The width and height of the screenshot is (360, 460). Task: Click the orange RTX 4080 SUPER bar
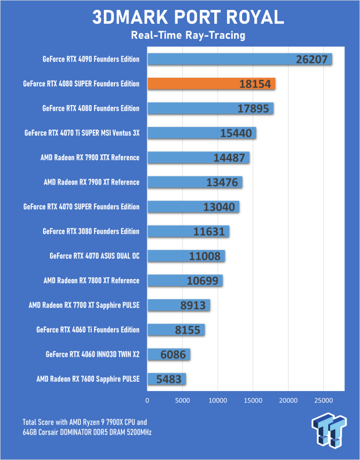point(211,84)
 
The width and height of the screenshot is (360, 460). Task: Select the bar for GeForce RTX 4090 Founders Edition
point(239,59)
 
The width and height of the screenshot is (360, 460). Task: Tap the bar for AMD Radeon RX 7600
point(167,379)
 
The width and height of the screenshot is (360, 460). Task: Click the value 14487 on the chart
point(230,158)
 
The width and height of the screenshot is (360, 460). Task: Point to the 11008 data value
point(206,256)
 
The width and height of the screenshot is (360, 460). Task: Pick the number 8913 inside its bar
point(191,306)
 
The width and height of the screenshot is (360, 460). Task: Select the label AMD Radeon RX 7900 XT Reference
point(92,182)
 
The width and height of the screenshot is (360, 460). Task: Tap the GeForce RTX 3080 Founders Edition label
point(91,231)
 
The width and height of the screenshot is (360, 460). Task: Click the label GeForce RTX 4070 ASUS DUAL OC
point(95,256)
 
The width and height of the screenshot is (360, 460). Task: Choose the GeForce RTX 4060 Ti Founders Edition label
point(88,330)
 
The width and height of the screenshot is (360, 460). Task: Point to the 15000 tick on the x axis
point(253,400)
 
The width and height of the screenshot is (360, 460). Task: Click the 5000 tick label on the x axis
point(182,400)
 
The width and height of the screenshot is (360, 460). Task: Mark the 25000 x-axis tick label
point(323,400)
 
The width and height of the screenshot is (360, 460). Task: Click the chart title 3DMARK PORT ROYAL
point(180,17)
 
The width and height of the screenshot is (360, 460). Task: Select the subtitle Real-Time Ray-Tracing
point(180,36)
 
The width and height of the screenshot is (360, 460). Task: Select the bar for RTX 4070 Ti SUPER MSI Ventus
point(201,133)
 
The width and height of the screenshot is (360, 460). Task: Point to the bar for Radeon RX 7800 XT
point(185,281)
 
